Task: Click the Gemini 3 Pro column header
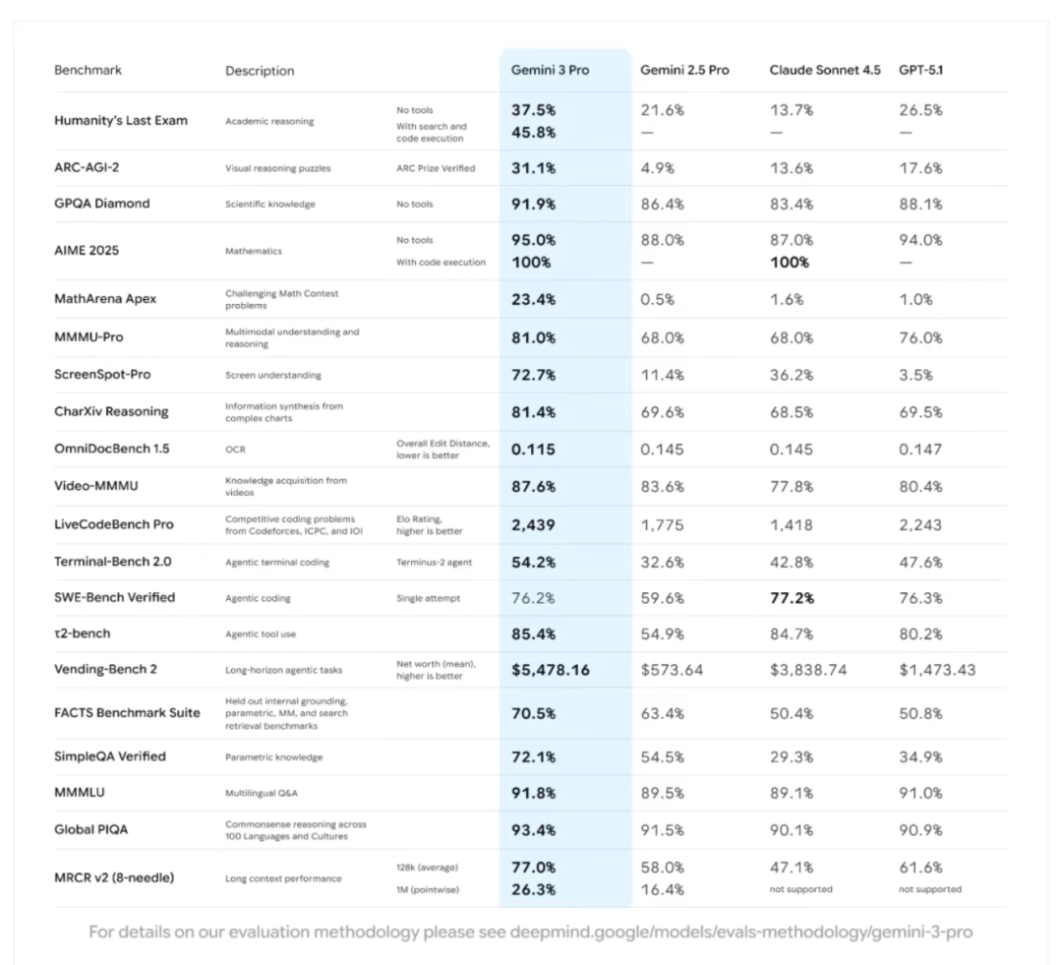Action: [x=550, y=71]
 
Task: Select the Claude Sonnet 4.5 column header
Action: [x=824, y=71]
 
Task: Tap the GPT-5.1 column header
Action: [x=920, y=71]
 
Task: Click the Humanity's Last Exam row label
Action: [x=121, y=121]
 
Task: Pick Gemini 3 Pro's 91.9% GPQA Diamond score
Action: [x=533, y=205]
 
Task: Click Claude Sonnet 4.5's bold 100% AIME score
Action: [x=790, y=263]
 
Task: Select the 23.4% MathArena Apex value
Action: [x=533, y=300]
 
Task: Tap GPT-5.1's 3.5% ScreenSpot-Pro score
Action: [x=915, y=375]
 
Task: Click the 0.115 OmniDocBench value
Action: [x=533, y=450]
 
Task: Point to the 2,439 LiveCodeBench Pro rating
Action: [x=533, y=525]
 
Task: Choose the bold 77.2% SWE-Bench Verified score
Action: [x=793, y=598]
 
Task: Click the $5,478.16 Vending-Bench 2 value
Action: [x=550, y=670]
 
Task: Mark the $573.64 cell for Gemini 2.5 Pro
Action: [x=672, y=670]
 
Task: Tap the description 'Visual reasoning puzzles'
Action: [x=278, y=168]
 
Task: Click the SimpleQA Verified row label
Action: [x=110, y=756]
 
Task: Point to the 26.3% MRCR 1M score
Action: [x=533, y=889]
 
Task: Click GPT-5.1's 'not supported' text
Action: [x=929, y=889]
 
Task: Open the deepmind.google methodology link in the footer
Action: [x=741, y=932]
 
